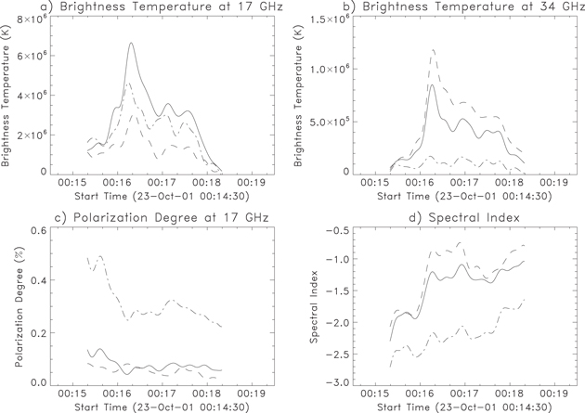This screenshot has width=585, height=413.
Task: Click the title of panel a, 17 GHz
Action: [133, 8]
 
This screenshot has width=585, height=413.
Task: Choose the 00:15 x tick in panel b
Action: [376, 183]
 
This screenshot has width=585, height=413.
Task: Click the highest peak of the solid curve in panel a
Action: [131, 43]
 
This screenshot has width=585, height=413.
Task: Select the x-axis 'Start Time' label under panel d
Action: [455, 407]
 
